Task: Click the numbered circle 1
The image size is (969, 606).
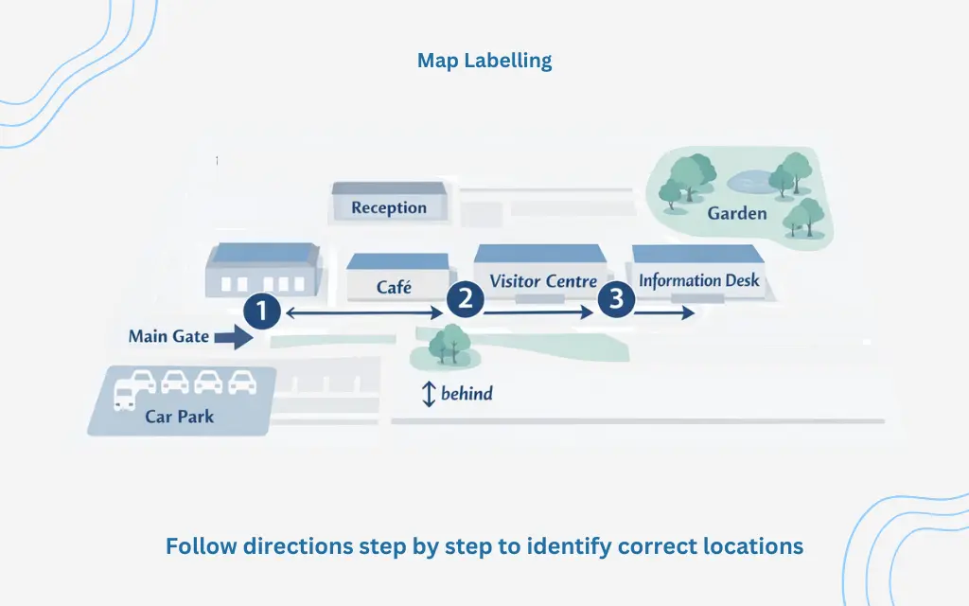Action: point(261,311)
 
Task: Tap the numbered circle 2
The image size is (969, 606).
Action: point(465,300)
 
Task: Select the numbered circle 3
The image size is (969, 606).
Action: point(616,300)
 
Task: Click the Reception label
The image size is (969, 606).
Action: point(389,207)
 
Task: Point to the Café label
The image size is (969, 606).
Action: point(394,286)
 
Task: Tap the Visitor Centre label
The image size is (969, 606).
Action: point(543,280)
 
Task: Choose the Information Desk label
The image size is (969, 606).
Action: point(699,280)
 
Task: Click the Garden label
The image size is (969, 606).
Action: point(737,213)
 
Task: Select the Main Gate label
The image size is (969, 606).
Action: point(168,336)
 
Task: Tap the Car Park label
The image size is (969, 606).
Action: point(180,416)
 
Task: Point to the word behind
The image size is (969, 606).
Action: point(467,393)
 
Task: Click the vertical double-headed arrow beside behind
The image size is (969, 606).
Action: point(428,394)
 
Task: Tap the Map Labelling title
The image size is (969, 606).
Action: point(484,61)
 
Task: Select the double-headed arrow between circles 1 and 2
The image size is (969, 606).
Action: point(364,312)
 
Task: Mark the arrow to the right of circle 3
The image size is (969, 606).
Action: point(665,312)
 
